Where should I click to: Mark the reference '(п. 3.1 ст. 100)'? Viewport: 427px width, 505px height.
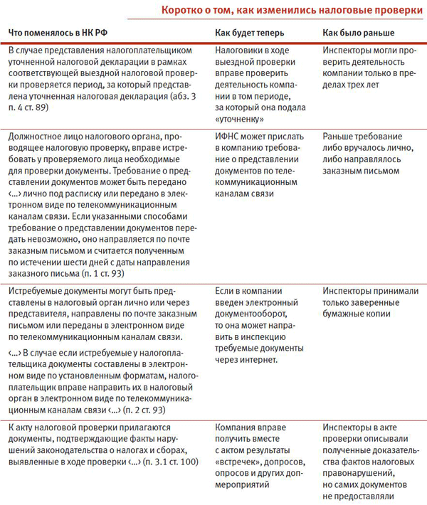point(169,462)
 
